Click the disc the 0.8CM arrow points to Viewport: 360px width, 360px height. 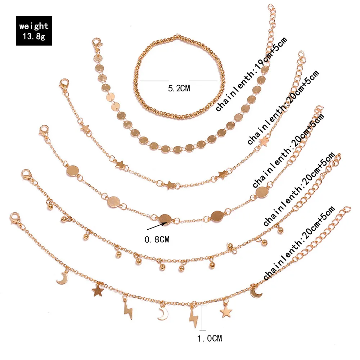(x=165, y=219)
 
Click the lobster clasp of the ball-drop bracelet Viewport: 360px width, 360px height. (x=27, y=175)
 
